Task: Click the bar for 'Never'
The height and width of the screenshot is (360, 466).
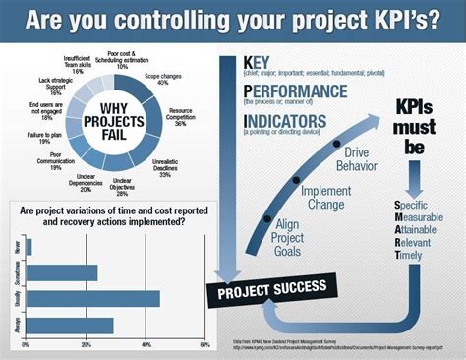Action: click(x=29, y=246)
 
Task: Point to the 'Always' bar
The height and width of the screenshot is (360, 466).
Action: click(x=69, y=325)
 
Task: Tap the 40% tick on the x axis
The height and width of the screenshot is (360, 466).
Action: click(x=145, y=345)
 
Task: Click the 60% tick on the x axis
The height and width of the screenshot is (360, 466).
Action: click(x=204, y=345)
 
